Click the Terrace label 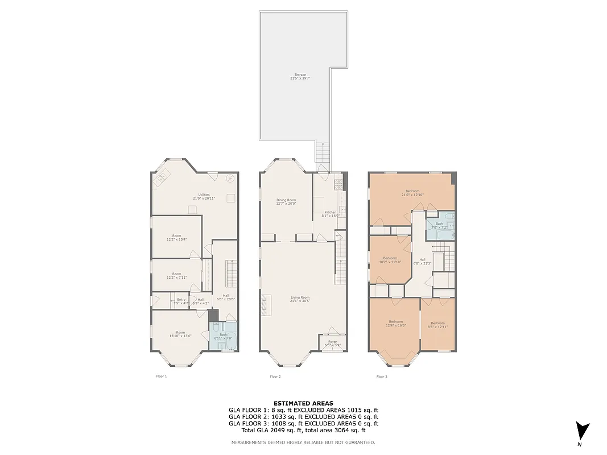(x=300, y=76)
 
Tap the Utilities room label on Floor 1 (x=204, y=197)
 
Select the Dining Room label (x=286, y=202)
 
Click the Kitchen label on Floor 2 (x=331, y=214)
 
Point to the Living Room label (x=300, y=299)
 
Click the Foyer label (x=332, y=344)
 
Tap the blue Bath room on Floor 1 (x=223, y=336)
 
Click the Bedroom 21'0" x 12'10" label (x=412, y=193)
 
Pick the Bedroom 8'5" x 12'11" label (x=437, y=325)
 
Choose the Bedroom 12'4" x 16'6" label (x=395, y=323)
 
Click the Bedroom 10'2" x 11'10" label (x=390, y=260)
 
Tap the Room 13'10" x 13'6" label (x=180, y=334)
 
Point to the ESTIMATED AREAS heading (x=303, y=403)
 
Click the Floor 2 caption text (x=275, y=377)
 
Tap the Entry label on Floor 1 (x=181, y=301)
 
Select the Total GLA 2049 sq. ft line (x=303, y=430)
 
